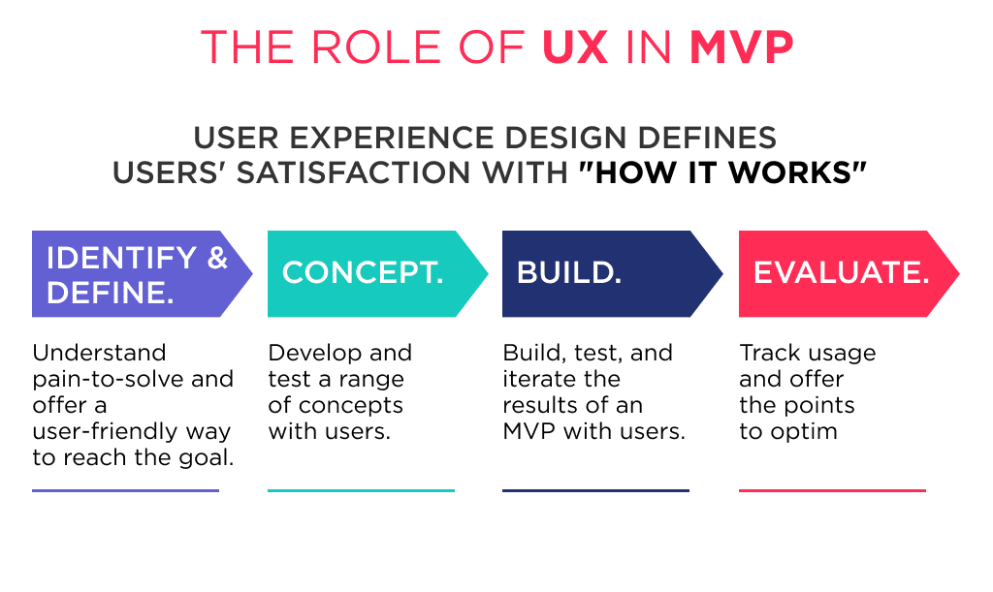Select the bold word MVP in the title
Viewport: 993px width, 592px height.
pos(742,47)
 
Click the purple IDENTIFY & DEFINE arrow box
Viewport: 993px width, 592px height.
pos(136,274)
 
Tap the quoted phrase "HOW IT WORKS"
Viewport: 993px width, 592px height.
pos(722,172)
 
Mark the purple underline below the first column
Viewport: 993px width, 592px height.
pos(125,490)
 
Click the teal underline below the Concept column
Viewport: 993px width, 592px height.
pos(361,490)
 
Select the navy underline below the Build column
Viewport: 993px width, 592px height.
pos(595,490)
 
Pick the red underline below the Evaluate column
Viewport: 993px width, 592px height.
pos(832,490)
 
